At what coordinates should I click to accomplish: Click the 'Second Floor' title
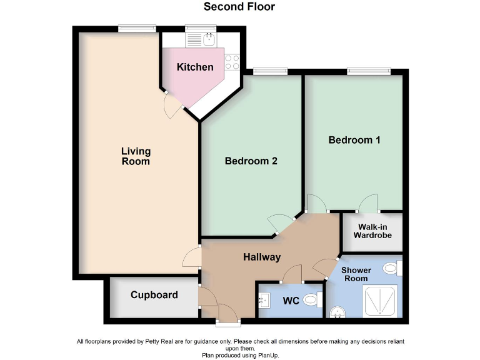pyautogui.click(x=239, y=7)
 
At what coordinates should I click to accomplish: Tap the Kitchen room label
pyautogui.click(x=195, y=67)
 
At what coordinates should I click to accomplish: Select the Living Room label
pyautogui.click(x=136, y=156)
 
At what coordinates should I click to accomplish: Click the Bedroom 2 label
pyautogui.click(x=251, y=161)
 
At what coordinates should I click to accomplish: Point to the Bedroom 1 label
pyautogui.click(x=354, y=140)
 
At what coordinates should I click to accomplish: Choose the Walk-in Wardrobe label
pyautogui.click(x=372, y=231)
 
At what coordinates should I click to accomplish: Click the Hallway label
pyautogui.click(x=262, y=257)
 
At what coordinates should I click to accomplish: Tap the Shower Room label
pyautogui.click(x=356, y=274)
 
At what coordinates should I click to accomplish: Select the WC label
pyautogui.click(x=291, y=301)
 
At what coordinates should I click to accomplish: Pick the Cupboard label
pyautogui.click(x=154, y=295)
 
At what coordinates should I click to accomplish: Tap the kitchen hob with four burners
pyautogui.click(x=232, y=61)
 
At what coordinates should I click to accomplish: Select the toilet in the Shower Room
pyautogui.click(x=392, y=269)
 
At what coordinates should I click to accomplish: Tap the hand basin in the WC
pyautogui.click(x=263, y=301)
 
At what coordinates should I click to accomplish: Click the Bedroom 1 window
pyautogui.click(x=370, y=71)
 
